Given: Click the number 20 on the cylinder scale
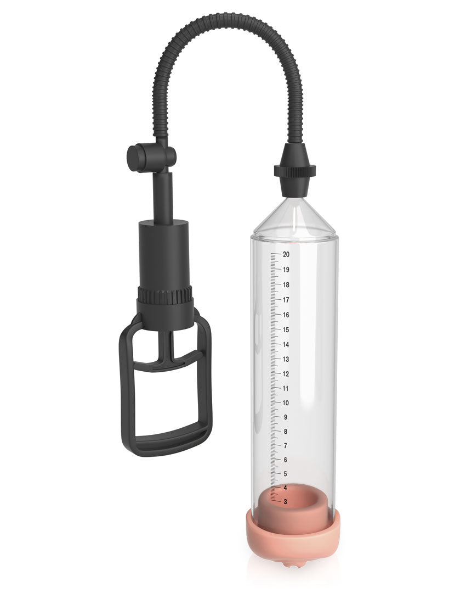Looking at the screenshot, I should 286,254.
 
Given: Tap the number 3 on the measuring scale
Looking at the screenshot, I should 285,501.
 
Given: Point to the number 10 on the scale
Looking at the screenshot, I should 286,402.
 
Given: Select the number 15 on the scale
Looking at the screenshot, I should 286,329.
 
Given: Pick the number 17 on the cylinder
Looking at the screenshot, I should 286,300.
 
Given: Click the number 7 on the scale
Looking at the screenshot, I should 285,445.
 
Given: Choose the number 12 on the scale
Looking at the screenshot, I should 286,373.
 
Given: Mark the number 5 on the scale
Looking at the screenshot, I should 285,473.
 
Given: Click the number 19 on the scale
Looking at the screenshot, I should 286,270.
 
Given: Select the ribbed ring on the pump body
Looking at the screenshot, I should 165,295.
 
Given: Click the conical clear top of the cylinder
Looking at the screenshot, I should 295,217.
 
